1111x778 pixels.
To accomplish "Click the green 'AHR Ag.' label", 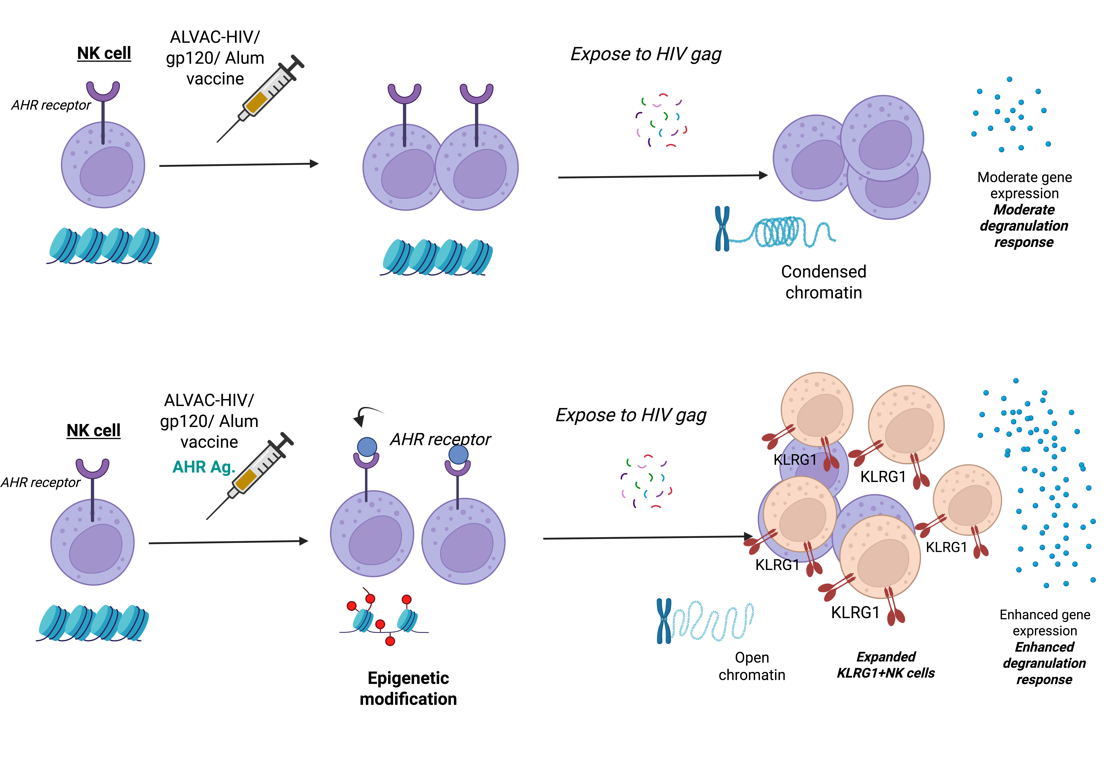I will (x=204, y=467).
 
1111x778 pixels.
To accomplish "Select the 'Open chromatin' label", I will (x=751, y=666).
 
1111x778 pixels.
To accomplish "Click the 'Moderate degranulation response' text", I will (x=1024, y=226).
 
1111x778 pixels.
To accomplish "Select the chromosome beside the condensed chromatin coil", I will (x=722, y=229).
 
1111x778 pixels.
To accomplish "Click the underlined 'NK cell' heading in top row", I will (x=104, y=53).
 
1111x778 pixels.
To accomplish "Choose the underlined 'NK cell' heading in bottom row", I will (x=93, y=430).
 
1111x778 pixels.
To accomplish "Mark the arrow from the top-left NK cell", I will (x=238, y=165).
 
